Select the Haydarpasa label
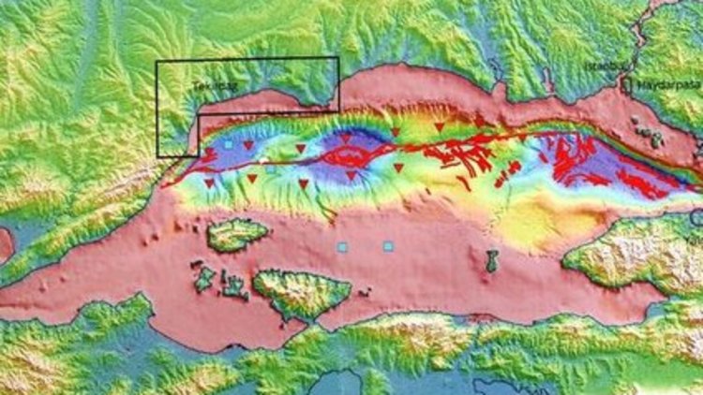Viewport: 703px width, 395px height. [x=663, y=86]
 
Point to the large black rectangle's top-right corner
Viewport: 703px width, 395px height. [x=338, y=58]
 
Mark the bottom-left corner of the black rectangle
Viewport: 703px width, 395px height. [x=157, y=155]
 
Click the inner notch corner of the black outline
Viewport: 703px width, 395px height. [x=199, y=114]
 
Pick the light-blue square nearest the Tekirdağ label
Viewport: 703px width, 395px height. [x=227, y=146]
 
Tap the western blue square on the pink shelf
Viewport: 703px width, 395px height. [x=342, y=247]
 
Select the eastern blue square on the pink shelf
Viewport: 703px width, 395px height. [x=388, y=246]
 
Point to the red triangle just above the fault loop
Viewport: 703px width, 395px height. [x=346, y=139]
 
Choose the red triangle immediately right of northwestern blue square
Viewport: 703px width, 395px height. [x=248, y=146]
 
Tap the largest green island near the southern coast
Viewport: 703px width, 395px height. [x=300, y=292]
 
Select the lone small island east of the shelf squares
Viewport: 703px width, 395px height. [x=492, y=261]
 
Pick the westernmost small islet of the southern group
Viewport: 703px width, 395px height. [x=202, y=278]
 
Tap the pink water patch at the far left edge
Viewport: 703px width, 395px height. [x=5, y=245]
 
